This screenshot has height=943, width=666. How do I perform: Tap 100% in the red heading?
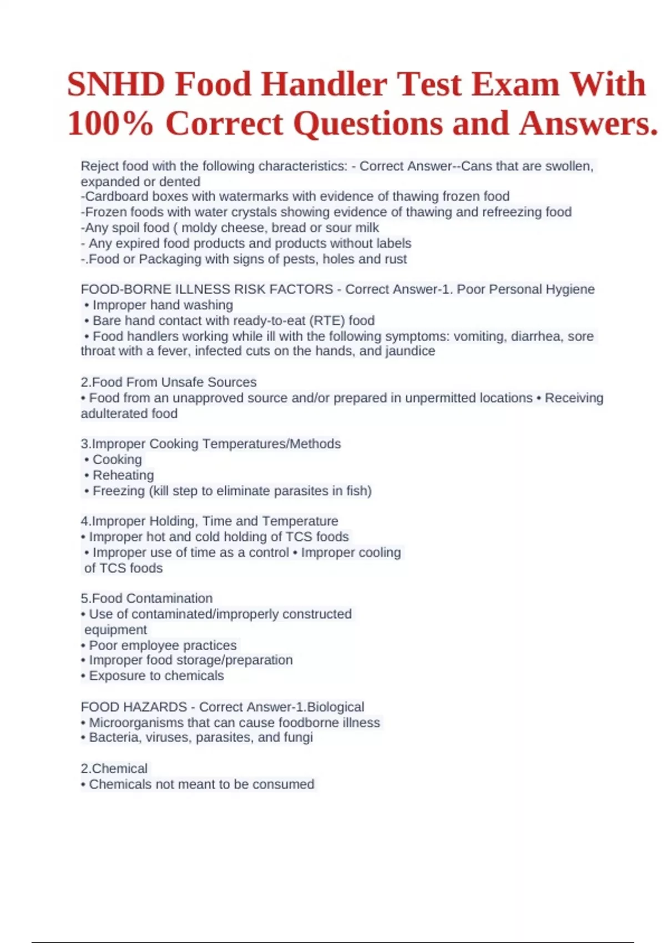click(110, 123)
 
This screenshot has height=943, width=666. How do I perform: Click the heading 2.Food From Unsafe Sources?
click(169, 382)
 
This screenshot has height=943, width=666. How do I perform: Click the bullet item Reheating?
click(123, 475)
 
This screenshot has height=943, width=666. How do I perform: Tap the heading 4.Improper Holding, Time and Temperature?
click(209, 521)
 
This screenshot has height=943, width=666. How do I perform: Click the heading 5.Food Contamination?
click(147, 598)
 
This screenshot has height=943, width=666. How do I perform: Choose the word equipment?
click(115, 630)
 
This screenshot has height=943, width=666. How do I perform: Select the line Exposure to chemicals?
click(156, 676)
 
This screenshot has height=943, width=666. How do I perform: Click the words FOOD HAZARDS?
click(134, 707)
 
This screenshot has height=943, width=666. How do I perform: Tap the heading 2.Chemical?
click(114, 768)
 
